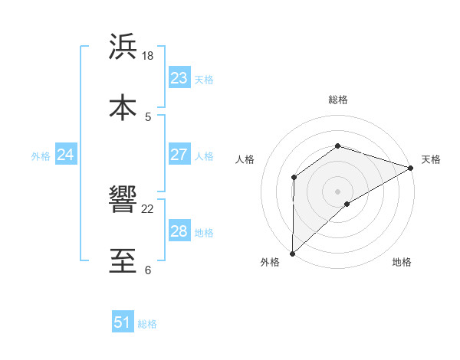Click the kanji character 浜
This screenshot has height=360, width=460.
click(123, 47)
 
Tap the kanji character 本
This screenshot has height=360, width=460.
click(123, 106)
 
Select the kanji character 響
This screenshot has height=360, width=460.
click(123, 200)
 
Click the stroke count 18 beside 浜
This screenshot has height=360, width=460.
click(148, 56)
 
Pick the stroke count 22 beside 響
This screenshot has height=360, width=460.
click(148, 209)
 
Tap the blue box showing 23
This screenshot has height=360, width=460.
click(179, 78)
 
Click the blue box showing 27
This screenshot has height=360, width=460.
click(179, 155)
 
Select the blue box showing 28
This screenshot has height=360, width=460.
click(179, 231)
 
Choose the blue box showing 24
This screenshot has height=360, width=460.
click(65, 155)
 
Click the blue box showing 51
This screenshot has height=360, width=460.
click(122, 322)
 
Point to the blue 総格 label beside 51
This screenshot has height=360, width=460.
click(147, 324)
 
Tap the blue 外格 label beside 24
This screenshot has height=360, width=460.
click(41, 156)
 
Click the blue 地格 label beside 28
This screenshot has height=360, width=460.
click(204, 233)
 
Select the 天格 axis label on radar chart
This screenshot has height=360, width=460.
click(431, 159)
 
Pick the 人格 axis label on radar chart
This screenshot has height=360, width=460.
click(245, 159)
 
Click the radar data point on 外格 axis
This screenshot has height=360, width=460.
click(292, 253)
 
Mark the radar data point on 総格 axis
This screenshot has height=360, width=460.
click(337, 146)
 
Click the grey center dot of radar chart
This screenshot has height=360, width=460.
click(337, 191)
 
